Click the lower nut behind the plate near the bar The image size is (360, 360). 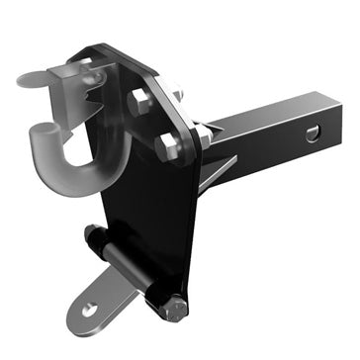pos(203,140)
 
